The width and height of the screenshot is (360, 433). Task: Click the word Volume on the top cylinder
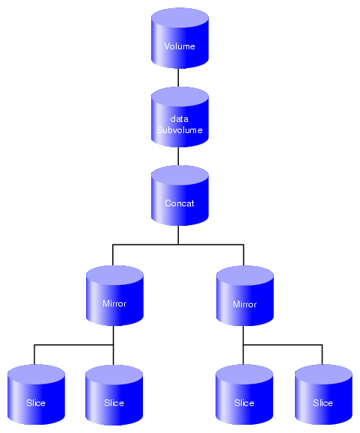(x=180, y=46)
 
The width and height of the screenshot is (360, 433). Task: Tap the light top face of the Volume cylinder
(x=180, y=19)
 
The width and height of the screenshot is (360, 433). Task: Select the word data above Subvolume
(x=180, y=119)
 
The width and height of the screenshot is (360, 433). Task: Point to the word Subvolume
(x=180, y=130)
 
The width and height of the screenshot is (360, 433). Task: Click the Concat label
(x=180, y=203)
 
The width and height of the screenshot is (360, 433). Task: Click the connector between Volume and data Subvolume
(x=178, y=78)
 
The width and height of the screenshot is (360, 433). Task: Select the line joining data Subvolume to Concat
(x=178, y=156)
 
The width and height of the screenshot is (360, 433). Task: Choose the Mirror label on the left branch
(x=115, y=304)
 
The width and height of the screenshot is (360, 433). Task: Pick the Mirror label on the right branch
(x=245, y=304)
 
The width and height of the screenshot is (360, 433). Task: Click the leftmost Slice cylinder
(x=36, y=394)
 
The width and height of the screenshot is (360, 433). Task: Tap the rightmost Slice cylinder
(x=323, y=394)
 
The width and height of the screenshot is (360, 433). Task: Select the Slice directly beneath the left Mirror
(x=114, y=395)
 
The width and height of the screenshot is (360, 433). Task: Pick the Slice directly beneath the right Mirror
(x=245, y=394)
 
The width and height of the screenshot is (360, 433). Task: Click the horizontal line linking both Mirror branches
(x=178, y=245)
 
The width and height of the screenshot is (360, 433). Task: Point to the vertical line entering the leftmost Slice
(x=34, y=354)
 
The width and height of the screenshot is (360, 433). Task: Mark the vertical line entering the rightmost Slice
(x=322, y=354)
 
